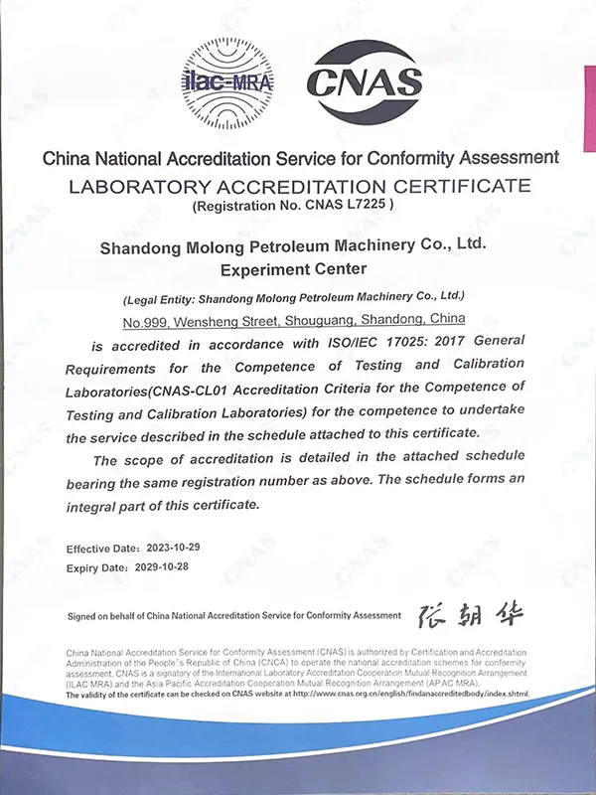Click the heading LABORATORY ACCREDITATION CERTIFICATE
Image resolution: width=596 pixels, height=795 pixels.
[299, 185]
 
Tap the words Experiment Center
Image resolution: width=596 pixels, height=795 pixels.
[293, 268]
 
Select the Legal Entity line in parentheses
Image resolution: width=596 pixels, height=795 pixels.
[293, 297]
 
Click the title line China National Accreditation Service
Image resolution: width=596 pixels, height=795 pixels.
[299, 158]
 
